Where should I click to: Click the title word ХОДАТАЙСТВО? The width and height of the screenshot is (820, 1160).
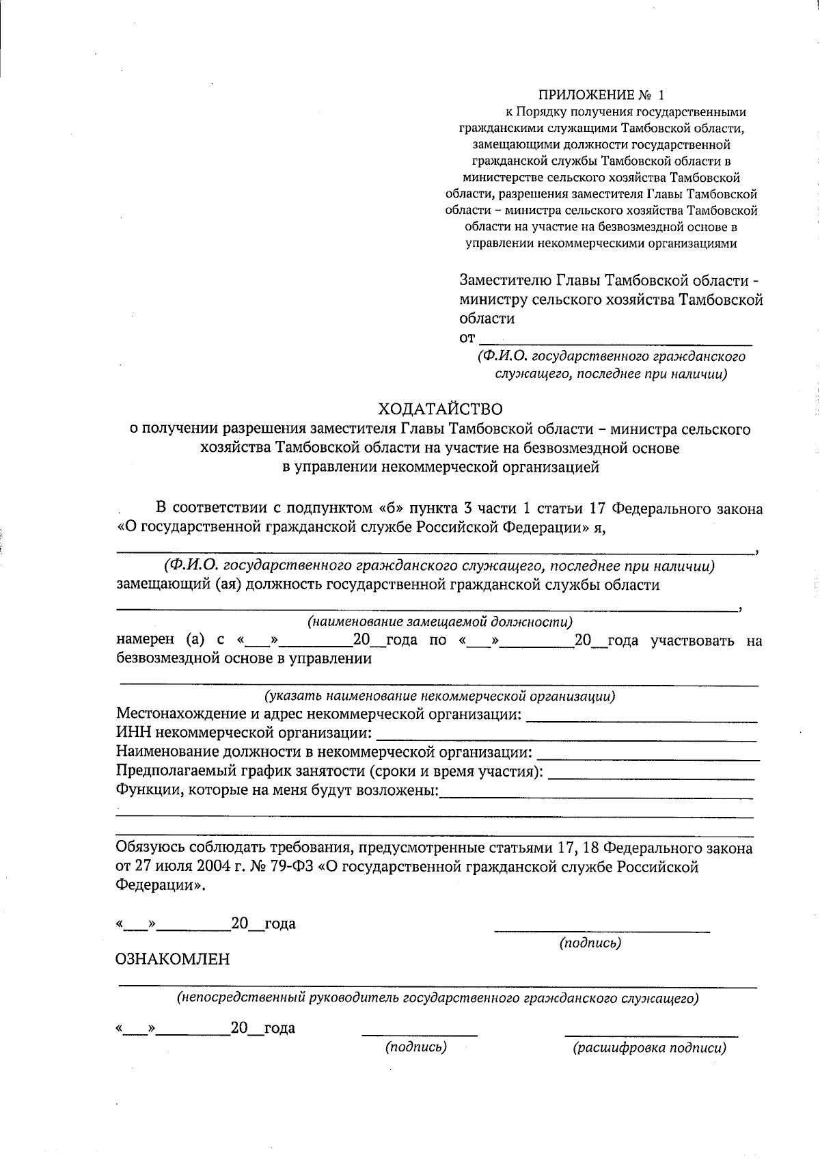[x=441, y=409]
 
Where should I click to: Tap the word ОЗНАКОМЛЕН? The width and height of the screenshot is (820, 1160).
[x=173, y=958]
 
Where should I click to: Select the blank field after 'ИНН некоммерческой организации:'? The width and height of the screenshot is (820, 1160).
[x=566, y=737]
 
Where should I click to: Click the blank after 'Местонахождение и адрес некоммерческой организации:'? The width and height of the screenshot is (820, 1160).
[x=642, y=718]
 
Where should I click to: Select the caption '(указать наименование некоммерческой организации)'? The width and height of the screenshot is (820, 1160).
[x=439, y=697]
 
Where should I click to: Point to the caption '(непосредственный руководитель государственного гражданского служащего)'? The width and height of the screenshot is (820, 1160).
[x=438, y=998]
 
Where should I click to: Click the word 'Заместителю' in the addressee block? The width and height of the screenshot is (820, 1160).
[x=505, y=281]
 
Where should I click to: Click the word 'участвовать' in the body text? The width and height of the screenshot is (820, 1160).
[x=692, y=640]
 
